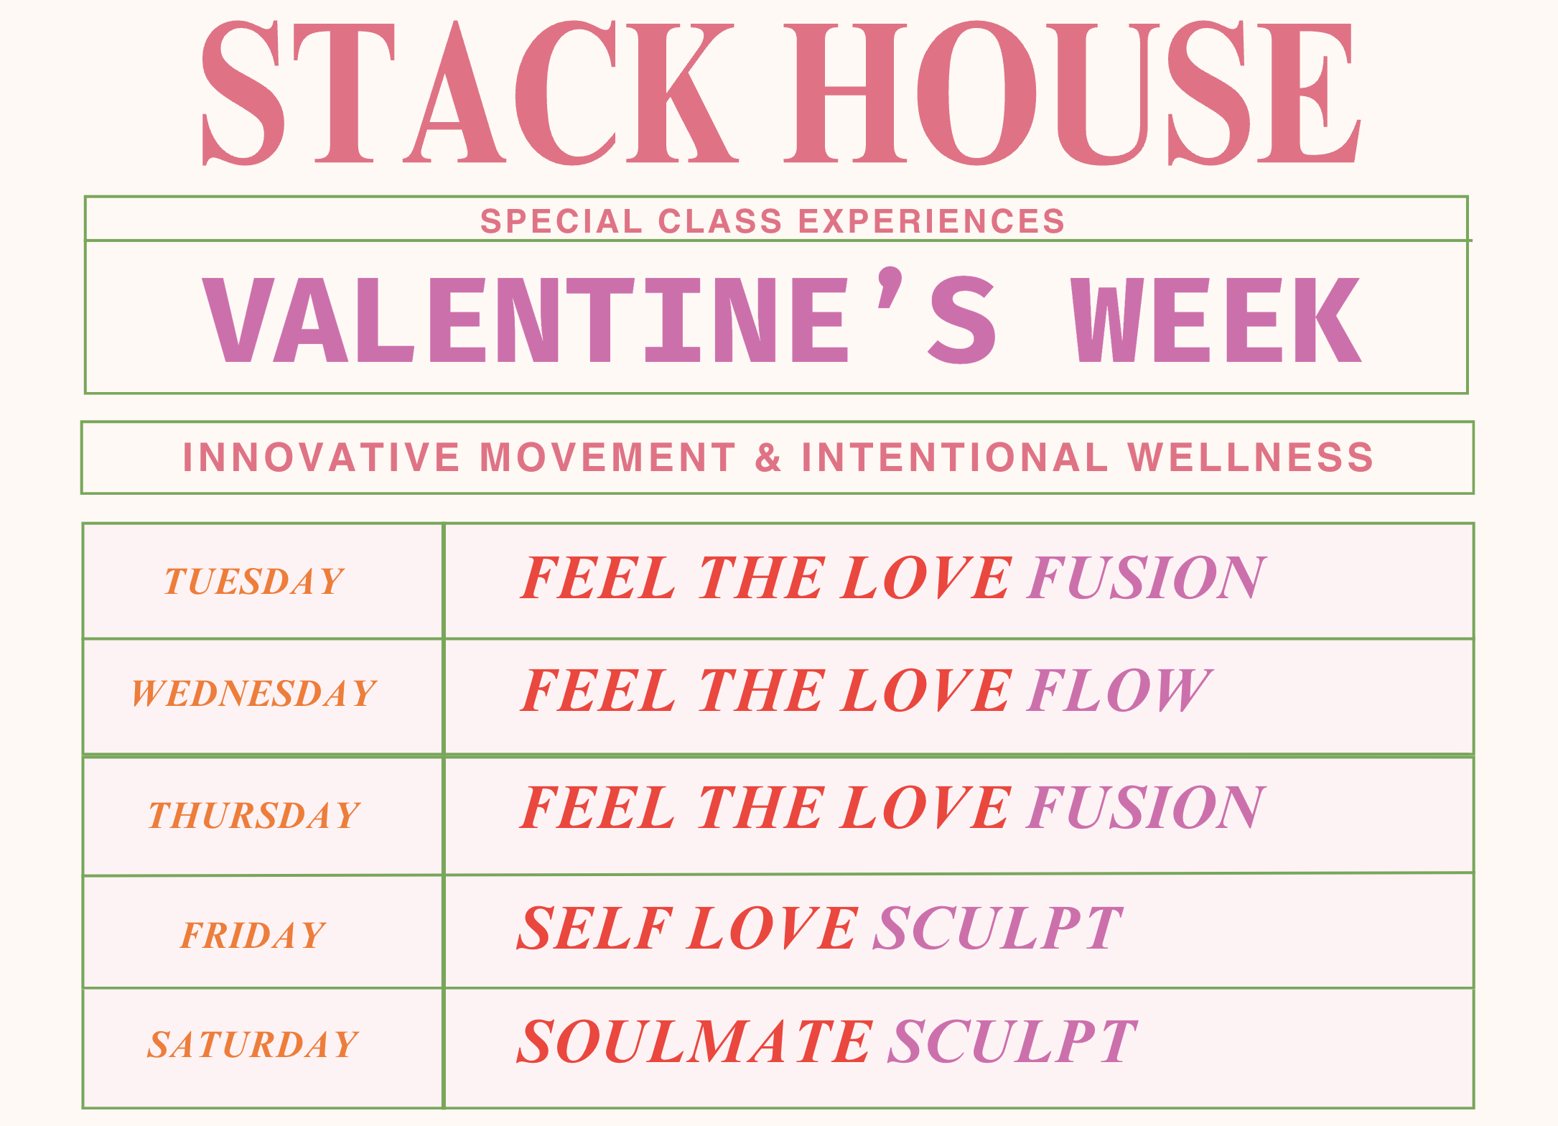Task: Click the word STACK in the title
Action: point(471,93)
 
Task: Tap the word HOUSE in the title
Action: point(1071,93)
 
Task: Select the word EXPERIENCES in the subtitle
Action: point(932,221)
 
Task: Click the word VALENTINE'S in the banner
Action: point(600,315)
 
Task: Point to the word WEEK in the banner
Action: point(1216,320)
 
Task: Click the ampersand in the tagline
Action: point(768,457)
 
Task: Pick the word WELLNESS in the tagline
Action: point(1251,457)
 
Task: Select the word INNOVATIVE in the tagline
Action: point(321,457)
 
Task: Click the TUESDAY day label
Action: point(254,581)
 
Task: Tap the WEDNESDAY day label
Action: point(254,694)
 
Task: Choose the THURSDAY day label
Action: point(254,816)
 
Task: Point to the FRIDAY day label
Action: point(253,936)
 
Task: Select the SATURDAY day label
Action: point(253,1044)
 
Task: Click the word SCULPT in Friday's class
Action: point(998,928)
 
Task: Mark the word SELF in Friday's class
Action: point(595,928)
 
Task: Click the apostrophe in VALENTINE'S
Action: point(890,287)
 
